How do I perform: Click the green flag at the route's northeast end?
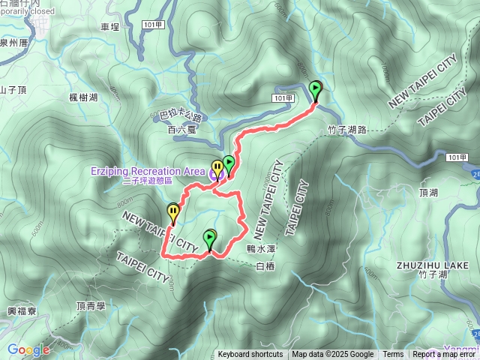(x=316, y=90)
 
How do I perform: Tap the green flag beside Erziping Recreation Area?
(x=228, y=163)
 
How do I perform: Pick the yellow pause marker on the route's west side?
(x=173, y=214)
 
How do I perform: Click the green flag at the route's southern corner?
(x=209, y=239)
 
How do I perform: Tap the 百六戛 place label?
(x=181, y=130)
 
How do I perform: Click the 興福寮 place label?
(x=21, y=310)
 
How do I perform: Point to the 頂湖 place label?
(x=428, y=193)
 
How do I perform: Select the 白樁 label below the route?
(x=265, y=265)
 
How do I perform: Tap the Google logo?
(x=28, y=349)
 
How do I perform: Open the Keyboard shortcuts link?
(x=250, y=355)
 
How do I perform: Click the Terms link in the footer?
(x=393, y=355)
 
